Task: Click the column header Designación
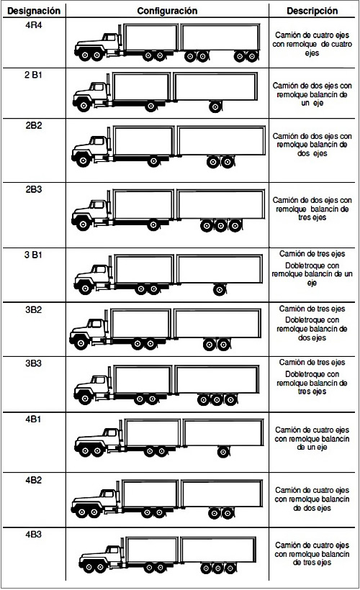(34, 11)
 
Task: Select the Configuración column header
(167, 11)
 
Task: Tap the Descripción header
(312, 11)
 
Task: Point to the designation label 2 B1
(34, 76)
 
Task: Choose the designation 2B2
(34, 125)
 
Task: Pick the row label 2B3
(34, 189)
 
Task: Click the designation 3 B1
(34, 255)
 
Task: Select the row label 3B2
(34, 309)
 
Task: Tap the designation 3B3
(34, 363)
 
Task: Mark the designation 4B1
(34, 419)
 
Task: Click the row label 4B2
(34, 480)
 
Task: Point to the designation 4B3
(34, 535)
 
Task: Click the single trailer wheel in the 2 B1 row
(215, 107)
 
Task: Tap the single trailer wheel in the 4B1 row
(224, 451)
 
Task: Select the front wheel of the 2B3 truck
(83, 224)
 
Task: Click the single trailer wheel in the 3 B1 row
(219, 290)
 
